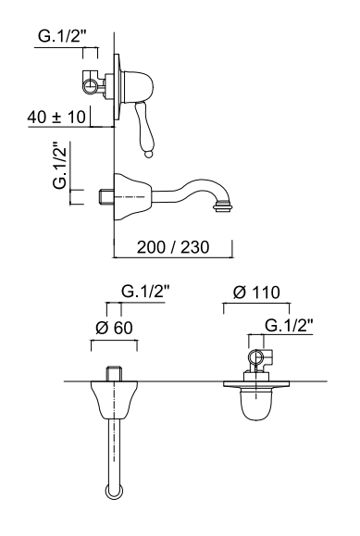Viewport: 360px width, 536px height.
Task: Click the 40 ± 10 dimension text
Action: [x=56, y=117]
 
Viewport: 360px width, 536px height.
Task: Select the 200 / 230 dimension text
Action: [x=173, y=247]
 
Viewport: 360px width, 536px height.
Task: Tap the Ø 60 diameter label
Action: [x=114, y=328]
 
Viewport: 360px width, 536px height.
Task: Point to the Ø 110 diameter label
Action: [x=256, y=293]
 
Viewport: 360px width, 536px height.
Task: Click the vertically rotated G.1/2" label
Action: [x=61, y=165]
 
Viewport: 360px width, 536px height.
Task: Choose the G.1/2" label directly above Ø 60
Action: [x=145, y=292]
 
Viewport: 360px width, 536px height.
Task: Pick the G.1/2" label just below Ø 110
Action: [x=290, y=326]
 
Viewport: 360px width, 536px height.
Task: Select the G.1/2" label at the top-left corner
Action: [x=62, y=36]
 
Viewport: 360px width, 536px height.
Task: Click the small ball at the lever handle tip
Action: [x=149, y=155]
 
